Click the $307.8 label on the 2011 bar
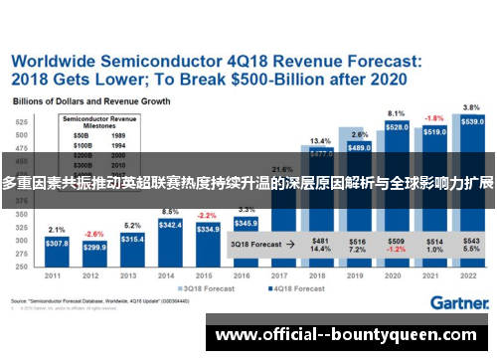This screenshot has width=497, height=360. [57, 244]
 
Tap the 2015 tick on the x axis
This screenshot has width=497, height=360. [208, 276]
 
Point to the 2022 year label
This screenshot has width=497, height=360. [472, 276]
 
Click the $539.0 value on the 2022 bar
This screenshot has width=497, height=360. [472, 122]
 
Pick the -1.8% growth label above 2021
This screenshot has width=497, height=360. [434, 118]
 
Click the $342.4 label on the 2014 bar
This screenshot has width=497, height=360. [170, 226]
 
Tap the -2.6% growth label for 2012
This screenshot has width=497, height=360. [93, 234]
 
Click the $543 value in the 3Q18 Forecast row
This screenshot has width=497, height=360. [472, 240]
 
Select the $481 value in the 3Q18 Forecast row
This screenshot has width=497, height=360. [321, 240]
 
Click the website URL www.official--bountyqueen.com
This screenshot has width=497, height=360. [351, 335]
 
